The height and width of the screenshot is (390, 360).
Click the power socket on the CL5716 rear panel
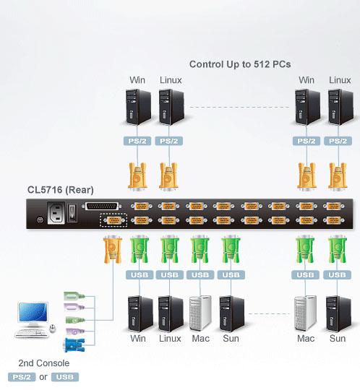pos(56,213)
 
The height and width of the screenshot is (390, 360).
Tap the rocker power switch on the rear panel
pos(72,213)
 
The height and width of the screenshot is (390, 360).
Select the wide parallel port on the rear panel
pos(102,206)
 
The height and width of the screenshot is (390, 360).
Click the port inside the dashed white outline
pos(113,220)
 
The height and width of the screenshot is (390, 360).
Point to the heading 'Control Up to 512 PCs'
pos(240,64)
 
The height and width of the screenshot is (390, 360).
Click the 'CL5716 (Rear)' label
pos(61,190)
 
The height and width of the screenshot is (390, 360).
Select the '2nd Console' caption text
pos(44,363)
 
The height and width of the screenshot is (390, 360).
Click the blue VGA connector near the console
pos(74,345)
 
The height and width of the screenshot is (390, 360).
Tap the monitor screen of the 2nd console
pos(33,312)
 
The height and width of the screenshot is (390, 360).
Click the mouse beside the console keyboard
pos(52,329)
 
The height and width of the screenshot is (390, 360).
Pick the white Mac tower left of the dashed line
pos(201,313)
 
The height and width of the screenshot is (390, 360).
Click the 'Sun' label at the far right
pos(338,339)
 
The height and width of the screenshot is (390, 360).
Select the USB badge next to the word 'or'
pos(65,377)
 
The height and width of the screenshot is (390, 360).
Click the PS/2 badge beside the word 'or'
pos(22,377)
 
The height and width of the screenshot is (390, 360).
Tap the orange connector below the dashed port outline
pos(113,249)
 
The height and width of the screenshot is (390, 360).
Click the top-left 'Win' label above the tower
pos(137,80)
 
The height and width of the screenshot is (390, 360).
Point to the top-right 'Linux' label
pos(340,80)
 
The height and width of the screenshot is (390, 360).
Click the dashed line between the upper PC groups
pos(239,107)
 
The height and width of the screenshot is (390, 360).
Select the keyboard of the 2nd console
pos(31,333)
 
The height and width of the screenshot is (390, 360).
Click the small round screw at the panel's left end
pos(40,220)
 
